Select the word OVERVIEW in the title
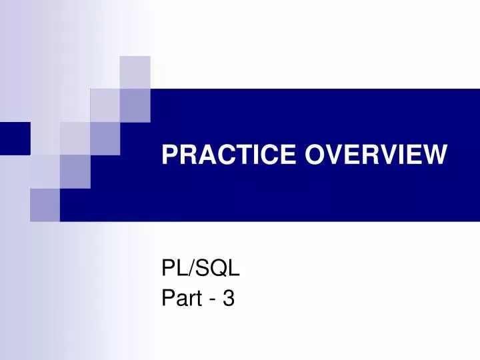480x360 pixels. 377,155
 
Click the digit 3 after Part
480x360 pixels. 229,299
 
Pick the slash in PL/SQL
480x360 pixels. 193,271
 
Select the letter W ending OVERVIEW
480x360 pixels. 433,155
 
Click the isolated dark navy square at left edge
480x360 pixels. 15,138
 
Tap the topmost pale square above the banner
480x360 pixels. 135,71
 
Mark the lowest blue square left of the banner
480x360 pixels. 45,205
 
